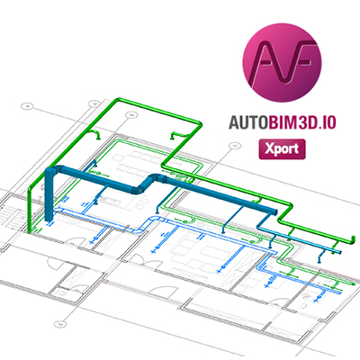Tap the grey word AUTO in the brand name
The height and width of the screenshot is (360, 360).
[247, 122]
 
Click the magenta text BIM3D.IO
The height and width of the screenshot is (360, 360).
[301, 122]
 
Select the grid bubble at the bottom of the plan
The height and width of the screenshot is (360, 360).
[59, 324]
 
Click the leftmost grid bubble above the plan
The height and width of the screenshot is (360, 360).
[27, 106]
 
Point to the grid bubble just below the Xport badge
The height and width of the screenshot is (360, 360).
[235, 146]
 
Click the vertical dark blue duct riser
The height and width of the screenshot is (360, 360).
[49, 195]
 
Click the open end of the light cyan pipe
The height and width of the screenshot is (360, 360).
[339, 251]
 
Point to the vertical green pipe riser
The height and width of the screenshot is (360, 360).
[30, 210]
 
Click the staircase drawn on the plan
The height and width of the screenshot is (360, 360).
[9, 217]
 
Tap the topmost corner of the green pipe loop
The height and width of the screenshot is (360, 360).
[118, 100]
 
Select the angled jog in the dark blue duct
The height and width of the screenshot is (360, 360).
[147, 183]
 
